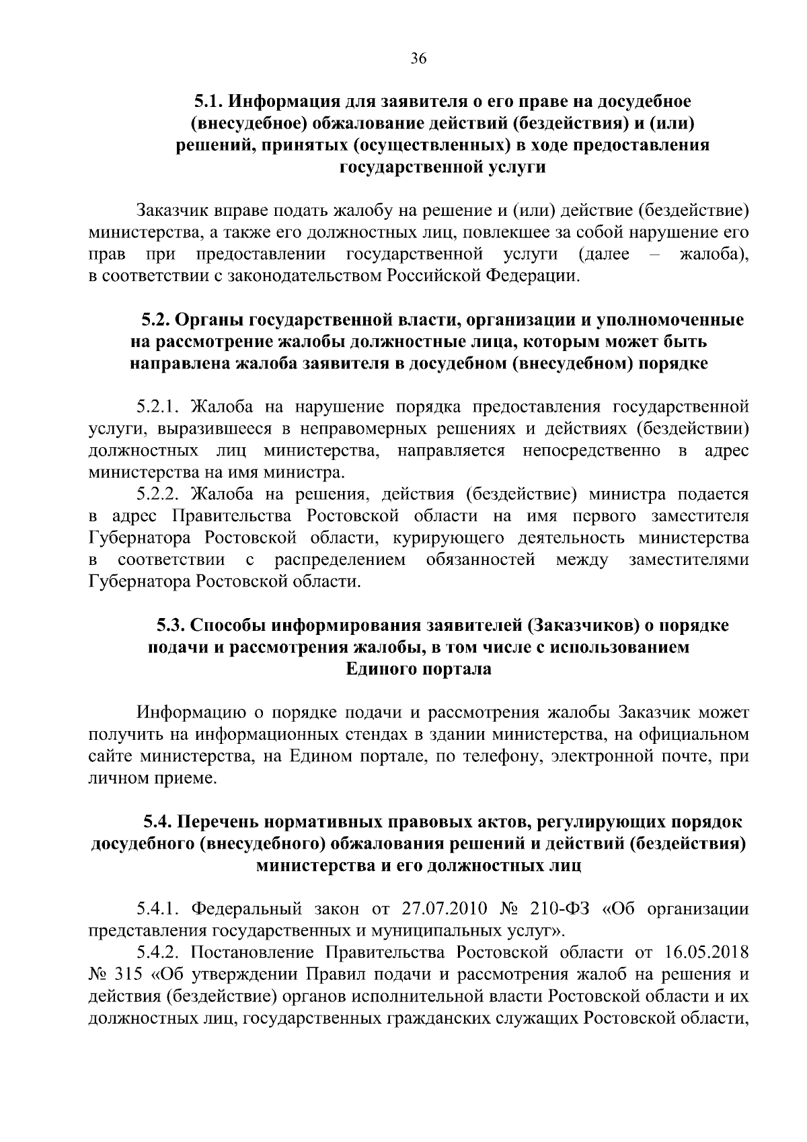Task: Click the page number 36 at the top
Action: [x=418, y=59]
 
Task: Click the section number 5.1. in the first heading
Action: [x=209, y=102]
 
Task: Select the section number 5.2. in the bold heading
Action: [x=155, y=320]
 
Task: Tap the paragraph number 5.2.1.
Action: [x=159, y=407]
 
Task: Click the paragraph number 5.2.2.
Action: [x=159, y=494]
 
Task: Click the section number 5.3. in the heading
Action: [x=171, y=625]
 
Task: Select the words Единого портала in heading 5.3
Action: [x=418, y=669]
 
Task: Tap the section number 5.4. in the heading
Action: [x=157, y=823]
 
